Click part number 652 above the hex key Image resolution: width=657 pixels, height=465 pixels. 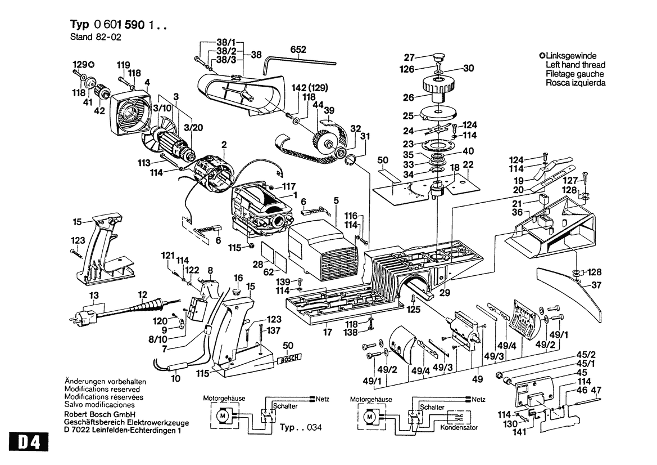pyautogui.click(x=298, y=50)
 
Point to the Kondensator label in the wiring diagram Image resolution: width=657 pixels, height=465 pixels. pyautogui.click(x=459, y=428)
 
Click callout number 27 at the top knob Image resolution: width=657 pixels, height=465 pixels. pyautogui.click(x=409, y=57)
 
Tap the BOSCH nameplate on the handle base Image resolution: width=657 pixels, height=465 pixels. pyautogui.click(x=289, y=358)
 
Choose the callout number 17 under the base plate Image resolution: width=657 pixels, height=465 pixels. pyautogui.click(x=327, y=332)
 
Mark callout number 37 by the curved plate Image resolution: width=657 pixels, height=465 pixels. pyautogui.click(x=596, y=285)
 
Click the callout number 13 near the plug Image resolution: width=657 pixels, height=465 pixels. pyautogui.click(x=93, y=296)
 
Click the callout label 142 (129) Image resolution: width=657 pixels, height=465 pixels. pyautogui.click(x=310, y=88)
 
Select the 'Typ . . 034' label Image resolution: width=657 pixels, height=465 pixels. pyautogui.click(x=301, y=427)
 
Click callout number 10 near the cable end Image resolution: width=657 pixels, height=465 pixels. pyautogui.click(x=176, y=379)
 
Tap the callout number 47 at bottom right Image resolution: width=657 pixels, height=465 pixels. pyautogui.click(x=596, y=390)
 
